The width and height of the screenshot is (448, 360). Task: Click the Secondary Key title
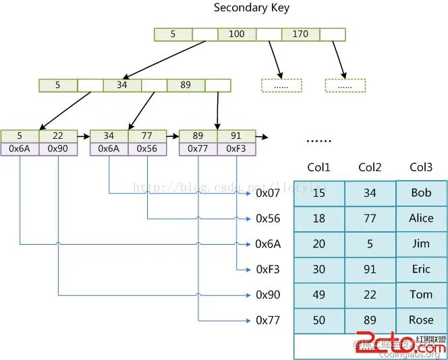[x=251, y=8]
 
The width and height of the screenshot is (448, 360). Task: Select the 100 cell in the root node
[x=237, y=34]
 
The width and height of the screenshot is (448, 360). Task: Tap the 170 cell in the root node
[x=300, y=34]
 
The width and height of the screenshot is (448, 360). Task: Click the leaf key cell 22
[x=58, y=136]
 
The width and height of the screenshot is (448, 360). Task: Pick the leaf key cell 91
[x=236, y=136]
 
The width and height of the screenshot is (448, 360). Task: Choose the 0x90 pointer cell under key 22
[x=58, y=148]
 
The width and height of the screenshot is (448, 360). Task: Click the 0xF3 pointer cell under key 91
[x=236, y=148]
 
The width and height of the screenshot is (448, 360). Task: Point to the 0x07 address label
[x=268, y=193]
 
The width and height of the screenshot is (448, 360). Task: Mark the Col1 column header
[x=319, y=167]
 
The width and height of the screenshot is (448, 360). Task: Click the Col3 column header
[x=421, y=167]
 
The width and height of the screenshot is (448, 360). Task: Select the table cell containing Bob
[x=421, y=193]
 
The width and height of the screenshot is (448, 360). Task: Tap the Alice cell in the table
[x=421, y=218]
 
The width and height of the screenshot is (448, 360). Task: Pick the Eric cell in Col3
[x=421, y=269]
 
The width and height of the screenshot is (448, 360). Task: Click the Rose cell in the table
[x=421, y=320]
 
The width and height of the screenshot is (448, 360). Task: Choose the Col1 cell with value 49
[x=319, y=295]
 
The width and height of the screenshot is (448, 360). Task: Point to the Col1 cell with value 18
[x=319, y=218]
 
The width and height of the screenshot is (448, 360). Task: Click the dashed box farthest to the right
[x=345, y=86]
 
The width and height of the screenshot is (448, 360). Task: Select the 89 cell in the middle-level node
[x=186, y=86]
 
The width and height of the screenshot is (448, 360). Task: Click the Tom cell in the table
[x=421, y=295]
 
